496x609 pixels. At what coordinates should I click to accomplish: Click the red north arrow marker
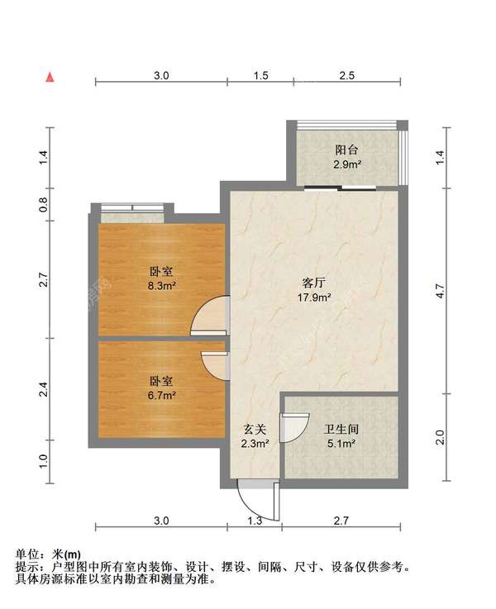(50, 78)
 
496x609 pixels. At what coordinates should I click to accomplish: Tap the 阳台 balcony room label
(346, 150)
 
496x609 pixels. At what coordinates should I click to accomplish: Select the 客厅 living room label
(314, 283)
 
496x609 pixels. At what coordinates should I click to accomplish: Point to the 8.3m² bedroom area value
(161, 286)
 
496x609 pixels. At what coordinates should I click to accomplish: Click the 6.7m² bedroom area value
(161, 396)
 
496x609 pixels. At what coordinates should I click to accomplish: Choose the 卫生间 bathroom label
(341, 429)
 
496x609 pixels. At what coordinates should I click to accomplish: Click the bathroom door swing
(294, 428)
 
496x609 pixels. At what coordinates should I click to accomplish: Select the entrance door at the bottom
(259, 501)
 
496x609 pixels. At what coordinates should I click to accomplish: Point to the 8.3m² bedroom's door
(209, 316)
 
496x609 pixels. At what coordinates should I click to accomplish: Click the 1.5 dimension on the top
(261, 75)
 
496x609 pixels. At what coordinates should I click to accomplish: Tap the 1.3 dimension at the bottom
(255, 521)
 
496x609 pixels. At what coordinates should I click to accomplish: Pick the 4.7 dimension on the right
(440, 291)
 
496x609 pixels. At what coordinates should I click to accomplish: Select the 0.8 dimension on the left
(43, 205)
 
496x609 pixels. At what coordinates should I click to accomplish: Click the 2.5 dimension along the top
(347, 75)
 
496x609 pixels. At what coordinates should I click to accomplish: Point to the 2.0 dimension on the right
(440, 438)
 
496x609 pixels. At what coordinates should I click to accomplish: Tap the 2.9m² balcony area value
(347, 164)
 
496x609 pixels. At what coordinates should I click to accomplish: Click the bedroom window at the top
(132, 207)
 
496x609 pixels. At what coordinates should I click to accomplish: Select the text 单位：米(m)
(48, 554)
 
